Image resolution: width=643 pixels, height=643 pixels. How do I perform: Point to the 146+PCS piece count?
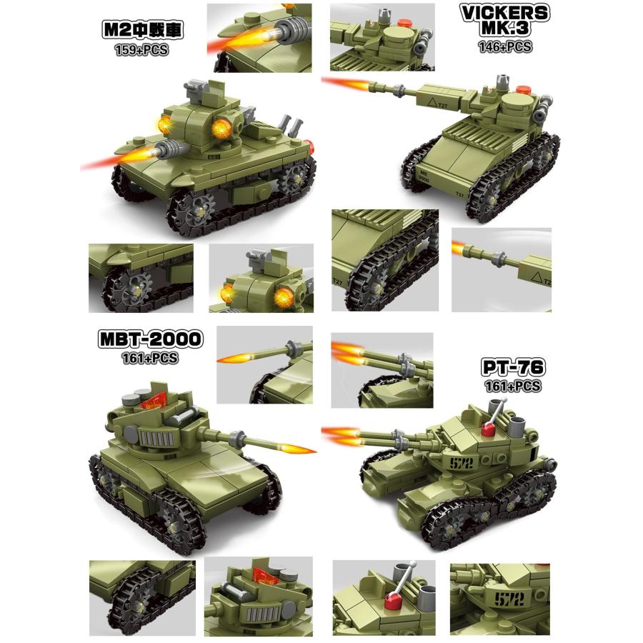pyautogui.click(x=505, y=47)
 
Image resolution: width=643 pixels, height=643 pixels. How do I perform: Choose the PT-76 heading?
pyautogui.click(x=513, y=369)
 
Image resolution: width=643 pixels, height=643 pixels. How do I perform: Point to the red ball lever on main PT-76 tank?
pyautogui.click(x=489, y=429)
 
